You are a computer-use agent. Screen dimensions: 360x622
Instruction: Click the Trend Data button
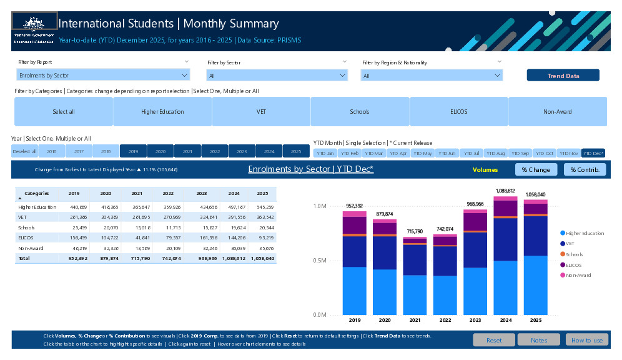point(563,76)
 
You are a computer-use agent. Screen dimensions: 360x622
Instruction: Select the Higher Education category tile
point(162,112)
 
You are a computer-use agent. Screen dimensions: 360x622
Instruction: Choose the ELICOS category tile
point(458,112)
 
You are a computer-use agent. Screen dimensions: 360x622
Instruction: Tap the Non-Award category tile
point(557,112)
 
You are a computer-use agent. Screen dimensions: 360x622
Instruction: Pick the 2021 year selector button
point(187,151)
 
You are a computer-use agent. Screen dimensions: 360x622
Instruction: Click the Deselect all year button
point(25,151)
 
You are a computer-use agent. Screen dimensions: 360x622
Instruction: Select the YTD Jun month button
point(447,153)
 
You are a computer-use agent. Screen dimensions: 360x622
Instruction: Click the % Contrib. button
point(585,169)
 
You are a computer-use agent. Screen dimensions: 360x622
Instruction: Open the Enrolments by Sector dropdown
point(103,76)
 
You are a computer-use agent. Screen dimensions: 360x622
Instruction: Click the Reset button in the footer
point(493,340)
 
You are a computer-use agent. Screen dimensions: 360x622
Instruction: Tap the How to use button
point(586,340)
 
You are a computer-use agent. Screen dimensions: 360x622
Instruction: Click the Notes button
point(540,340)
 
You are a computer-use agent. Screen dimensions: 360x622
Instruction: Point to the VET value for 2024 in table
point(234,217)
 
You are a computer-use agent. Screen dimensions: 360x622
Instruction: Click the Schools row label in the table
point(27,227)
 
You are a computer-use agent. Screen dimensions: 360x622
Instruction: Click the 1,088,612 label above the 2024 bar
point(505,191)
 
